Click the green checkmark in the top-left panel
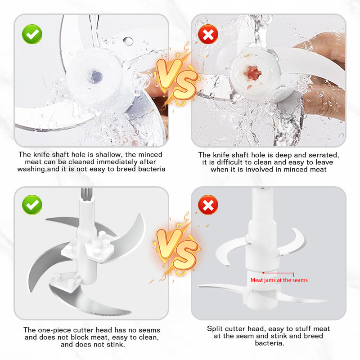point(32,34)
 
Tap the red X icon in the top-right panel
point(208,34)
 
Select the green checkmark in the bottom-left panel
point(32,205)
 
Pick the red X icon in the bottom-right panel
point(208,205)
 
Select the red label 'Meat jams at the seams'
point(279,280)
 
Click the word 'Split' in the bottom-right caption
point(213,329)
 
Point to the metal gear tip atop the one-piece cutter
point(86,193)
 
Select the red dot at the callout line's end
point(263,273)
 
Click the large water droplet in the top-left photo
point(128,41)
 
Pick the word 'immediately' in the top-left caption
point(117,162)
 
